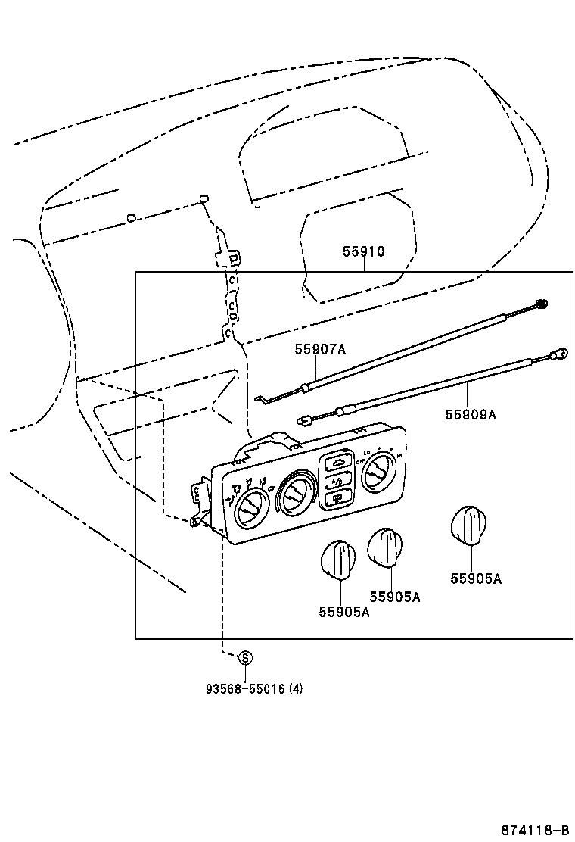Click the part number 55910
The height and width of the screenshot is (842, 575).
click(x=364, y=252)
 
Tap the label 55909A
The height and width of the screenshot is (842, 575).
click(x=470, y=414)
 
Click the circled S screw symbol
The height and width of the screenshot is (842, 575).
click(x=245, y=658)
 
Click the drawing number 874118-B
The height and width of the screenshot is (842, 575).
click(x=533, y=828)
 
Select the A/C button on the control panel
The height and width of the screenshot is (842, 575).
click(x=335, y=480)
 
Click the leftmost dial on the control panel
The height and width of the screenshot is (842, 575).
click(x=248, y=508)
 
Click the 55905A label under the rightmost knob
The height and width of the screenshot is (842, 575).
click(x=476, y=579)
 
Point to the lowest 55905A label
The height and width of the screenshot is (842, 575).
click(x=343, y=612)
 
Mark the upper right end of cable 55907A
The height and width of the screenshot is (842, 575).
click(x=540, y=304)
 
